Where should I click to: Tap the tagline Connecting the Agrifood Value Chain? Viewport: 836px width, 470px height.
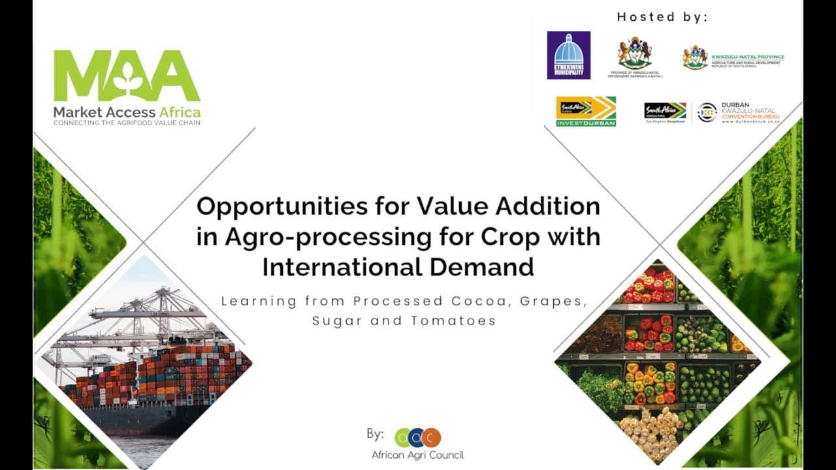click(x=127, y=123)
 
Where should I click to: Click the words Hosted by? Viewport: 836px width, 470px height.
click(x=662, y=18)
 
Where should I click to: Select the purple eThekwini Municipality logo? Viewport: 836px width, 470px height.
click(x=568, y=55)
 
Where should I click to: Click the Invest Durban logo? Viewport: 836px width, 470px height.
click(x=586, y=111)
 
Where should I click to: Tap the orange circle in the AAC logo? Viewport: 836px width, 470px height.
click(x=431, y=437)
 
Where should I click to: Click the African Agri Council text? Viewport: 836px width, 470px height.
click(x=417, y=455)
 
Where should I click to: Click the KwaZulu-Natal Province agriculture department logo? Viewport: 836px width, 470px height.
click(x=733, y=57)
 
